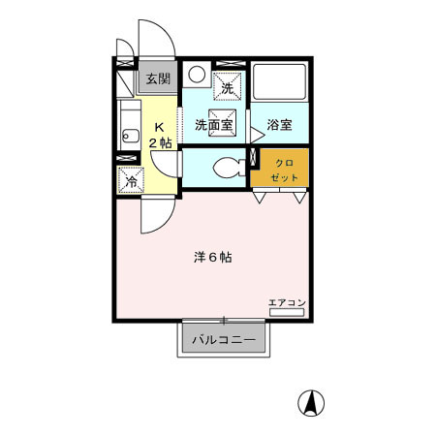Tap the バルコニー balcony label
click(222, 339)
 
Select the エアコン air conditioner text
click(287, 302)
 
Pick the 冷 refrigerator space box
click(130, 179)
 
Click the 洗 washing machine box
click(228, 85)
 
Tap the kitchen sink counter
click(126, 124)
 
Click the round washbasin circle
click(196, 74)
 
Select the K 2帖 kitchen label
click(160, 134)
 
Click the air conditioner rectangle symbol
click(287, 313)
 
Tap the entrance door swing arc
click(157, 39)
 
